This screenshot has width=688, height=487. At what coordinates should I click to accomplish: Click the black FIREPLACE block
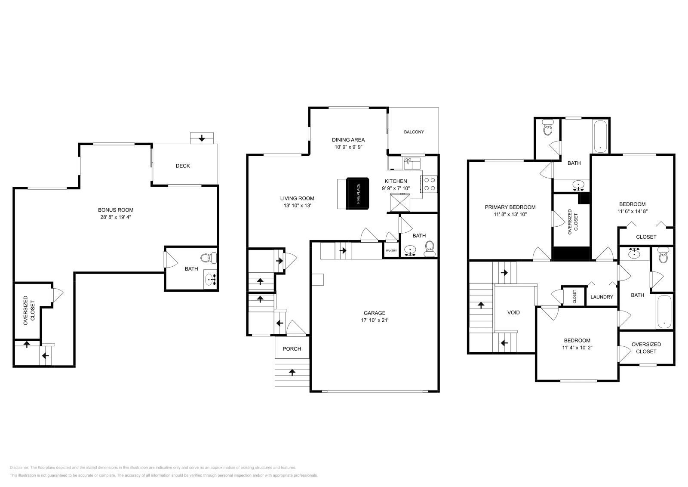358,193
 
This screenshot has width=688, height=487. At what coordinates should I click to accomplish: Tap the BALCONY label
414,132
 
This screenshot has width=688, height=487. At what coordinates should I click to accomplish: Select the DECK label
183,166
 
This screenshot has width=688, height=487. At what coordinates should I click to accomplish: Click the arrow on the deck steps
202,139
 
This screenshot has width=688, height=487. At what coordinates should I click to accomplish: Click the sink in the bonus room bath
211,280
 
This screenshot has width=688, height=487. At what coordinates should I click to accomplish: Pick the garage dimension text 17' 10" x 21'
375,320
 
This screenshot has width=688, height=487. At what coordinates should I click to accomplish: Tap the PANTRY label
391,250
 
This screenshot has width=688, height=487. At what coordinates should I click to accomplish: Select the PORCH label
292,348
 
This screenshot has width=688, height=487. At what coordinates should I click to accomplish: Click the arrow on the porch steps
292,372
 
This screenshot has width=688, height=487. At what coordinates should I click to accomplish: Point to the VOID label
513,312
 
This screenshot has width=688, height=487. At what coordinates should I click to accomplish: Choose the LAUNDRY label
602,297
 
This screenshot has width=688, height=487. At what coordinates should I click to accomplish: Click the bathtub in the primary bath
600,136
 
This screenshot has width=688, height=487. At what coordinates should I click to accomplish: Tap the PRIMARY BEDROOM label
510,207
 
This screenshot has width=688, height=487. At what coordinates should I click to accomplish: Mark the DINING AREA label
348,139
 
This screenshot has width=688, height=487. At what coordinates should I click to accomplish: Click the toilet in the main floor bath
429,248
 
